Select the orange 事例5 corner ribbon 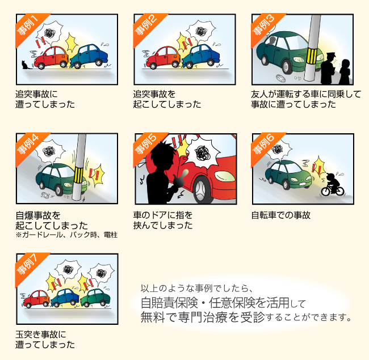point(147,146)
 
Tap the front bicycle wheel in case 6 point(326,191)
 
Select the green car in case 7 point(95,298)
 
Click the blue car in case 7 point(65,298)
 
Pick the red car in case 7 point(36,299)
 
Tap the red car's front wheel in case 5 point(201,190)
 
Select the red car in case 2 point(163,58)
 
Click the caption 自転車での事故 point(281,215)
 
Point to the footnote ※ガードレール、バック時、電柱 point(66,235)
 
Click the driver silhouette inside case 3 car point(272,41)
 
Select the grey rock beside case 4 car point(45,195)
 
